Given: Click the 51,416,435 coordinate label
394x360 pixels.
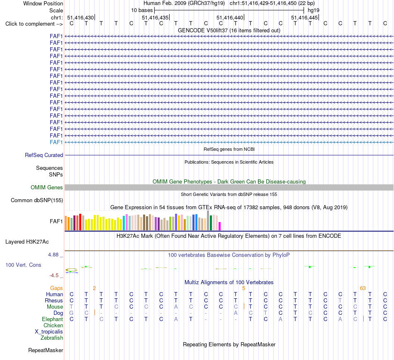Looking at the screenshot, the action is (155, 17).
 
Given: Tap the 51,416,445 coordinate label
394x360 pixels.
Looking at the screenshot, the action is (304, 17).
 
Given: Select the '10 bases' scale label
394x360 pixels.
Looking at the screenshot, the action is (142, 10).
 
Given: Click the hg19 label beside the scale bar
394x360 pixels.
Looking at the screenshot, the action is (314, 10).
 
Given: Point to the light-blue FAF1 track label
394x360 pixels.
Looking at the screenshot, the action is (56, 143).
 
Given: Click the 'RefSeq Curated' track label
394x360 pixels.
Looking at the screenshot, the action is (44, 155).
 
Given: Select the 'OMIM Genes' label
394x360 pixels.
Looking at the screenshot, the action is (47, 188).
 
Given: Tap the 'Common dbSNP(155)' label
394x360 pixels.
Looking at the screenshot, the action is (37, 201).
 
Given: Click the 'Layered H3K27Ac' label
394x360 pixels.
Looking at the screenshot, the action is (27, 242).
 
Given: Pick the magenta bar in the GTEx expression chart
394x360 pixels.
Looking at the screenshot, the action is (220, 226).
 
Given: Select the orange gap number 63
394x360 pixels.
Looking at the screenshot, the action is (363, 288).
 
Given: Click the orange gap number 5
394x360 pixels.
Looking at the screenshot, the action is (243, 288).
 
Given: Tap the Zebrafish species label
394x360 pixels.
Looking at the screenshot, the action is (52, 338).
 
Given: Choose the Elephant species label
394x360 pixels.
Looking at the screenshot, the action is (53, 319).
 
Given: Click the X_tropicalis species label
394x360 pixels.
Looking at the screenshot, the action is (49, 332).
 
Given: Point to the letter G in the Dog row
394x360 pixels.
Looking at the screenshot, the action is (72, 313).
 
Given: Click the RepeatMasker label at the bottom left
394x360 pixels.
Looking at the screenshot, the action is (46, 350).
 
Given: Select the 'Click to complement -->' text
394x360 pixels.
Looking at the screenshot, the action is (34, 24).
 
